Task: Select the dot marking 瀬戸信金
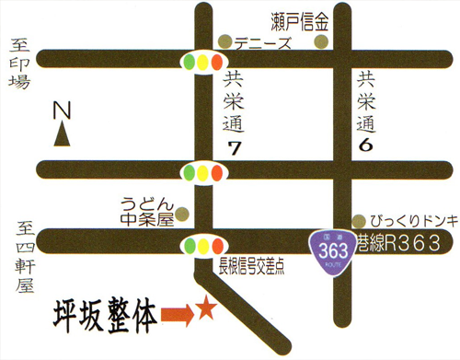coord(320,41)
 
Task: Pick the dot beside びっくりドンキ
coord(359,221)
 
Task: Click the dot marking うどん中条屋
coord(182,214)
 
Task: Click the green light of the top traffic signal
coord(189,63)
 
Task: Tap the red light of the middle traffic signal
coord(216,172)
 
